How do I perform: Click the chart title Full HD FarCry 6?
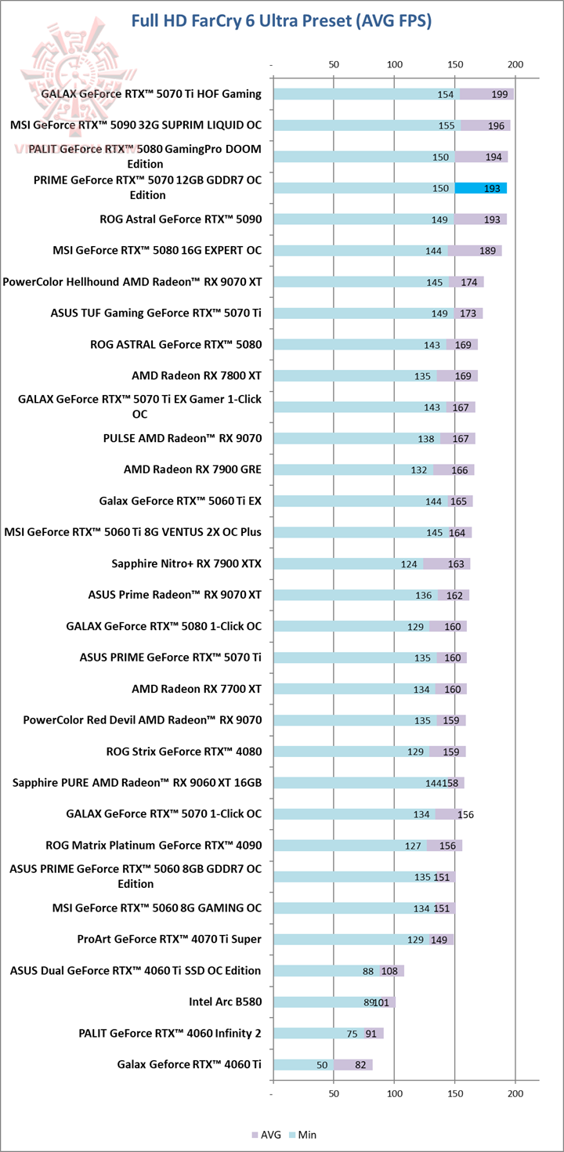[x=281, y=20]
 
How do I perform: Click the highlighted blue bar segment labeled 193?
[x=480, y=188]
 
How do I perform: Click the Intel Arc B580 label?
[x=225, y=1002]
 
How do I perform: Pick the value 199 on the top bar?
[x=499, y=94]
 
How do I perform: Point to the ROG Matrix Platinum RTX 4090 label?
[x=154, y=845]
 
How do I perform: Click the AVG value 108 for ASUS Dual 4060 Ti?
[x=390, y=971]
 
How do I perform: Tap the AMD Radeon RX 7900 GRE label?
[x=192, y=469]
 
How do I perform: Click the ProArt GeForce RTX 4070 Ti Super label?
[x=169, y=939]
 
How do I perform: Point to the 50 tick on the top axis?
[x=334, y=63]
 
